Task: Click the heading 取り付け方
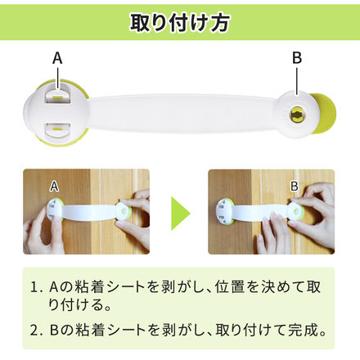point(180,22)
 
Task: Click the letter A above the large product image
point(57,58)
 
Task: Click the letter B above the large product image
point(297,58)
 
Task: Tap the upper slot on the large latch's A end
point(58,95)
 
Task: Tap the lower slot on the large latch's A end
point(58,129)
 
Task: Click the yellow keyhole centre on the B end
point(297,115)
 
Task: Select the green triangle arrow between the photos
point(180,214)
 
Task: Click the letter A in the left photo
point(54,187)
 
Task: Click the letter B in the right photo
point(295,187)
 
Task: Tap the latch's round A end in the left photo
point(56,211)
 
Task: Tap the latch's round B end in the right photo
point(295,211)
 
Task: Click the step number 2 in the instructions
point(34,330)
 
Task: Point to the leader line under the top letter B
point(297,81)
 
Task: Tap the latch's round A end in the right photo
point(225,211)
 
